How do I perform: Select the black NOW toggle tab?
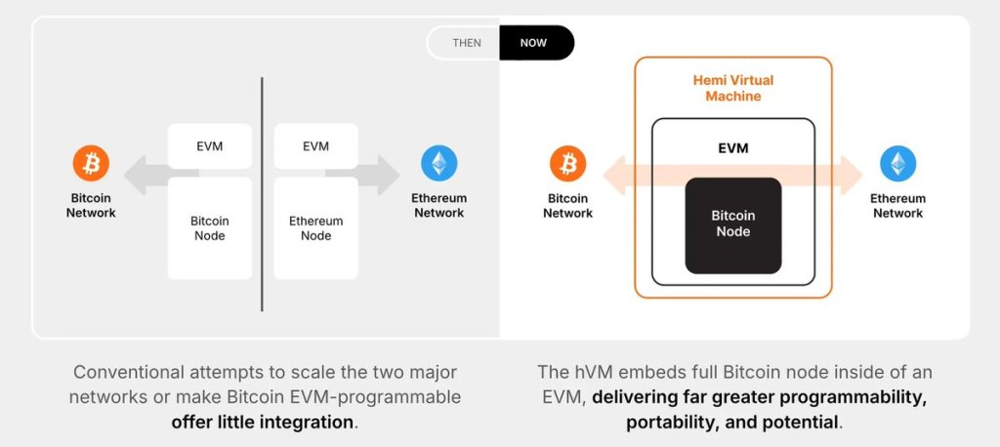coord(534,43)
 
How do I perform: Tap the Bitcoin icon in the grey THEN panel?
coord(91,164)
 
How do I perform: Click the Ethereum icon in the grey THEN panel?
coord(438,164)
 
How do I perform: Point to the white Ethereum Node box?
coord(315,228)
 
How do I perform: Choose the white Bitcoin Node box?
coord(209,228)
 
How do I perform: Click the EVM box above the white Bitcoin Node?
coord(209,146)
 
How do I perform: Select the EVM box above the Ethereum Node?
coord(315,146)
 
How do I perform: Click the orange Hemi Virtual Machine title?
coord(733,88)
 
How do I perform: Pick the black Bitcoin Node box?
coord(732,224)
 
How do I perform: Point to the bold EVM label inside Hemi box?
coord(732,150)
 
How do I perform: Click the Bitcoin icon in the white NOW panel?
coord(568,163)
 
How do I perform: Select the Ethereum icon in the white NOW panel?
coord(897,163)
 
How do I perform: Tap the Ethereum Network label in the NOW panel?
coord(897,206)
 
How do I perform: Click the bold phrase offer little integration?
coord(261,423)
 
